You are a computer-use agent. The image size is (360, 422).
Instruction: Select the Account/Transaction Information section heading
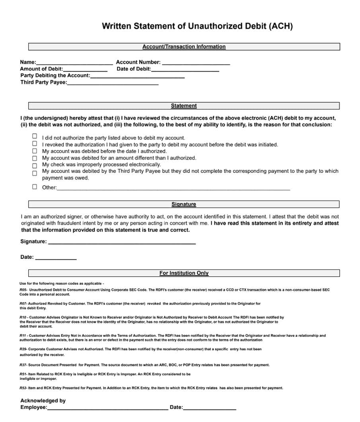coord(184,47)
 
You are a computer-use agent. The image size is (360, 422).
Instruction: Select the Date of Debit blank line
coord(185,69)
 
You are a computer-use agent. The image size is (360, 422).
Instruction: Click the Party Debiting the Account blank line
coord(137,76)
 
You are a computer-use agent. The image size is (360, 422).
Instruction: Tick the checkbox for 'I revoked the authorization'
coord(35,143)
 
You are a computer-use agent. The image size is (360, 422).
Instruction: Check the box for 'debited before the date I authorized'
coord(35,151)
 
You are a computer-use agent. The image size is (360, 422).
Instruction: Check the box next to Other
coord(35,187)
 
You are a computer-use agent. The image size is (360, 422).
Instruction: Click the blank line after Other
coord(173,188)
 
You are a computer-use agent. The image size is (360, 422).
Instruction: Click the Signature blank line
coord(121,242)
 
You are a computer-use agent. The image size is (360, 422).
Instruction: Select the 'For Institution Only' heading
coord(184,273)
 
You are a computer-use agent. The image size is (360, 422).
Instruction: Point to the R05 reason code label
coord(23,290)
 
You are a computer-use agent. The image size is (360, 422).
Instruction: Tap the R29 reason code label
coord(23,349)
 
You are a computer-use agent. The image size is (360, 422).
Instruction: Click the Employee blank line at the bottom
coord(107,408)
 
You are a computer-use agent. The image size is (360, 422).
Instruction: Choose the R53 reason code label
coord(23,388)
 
